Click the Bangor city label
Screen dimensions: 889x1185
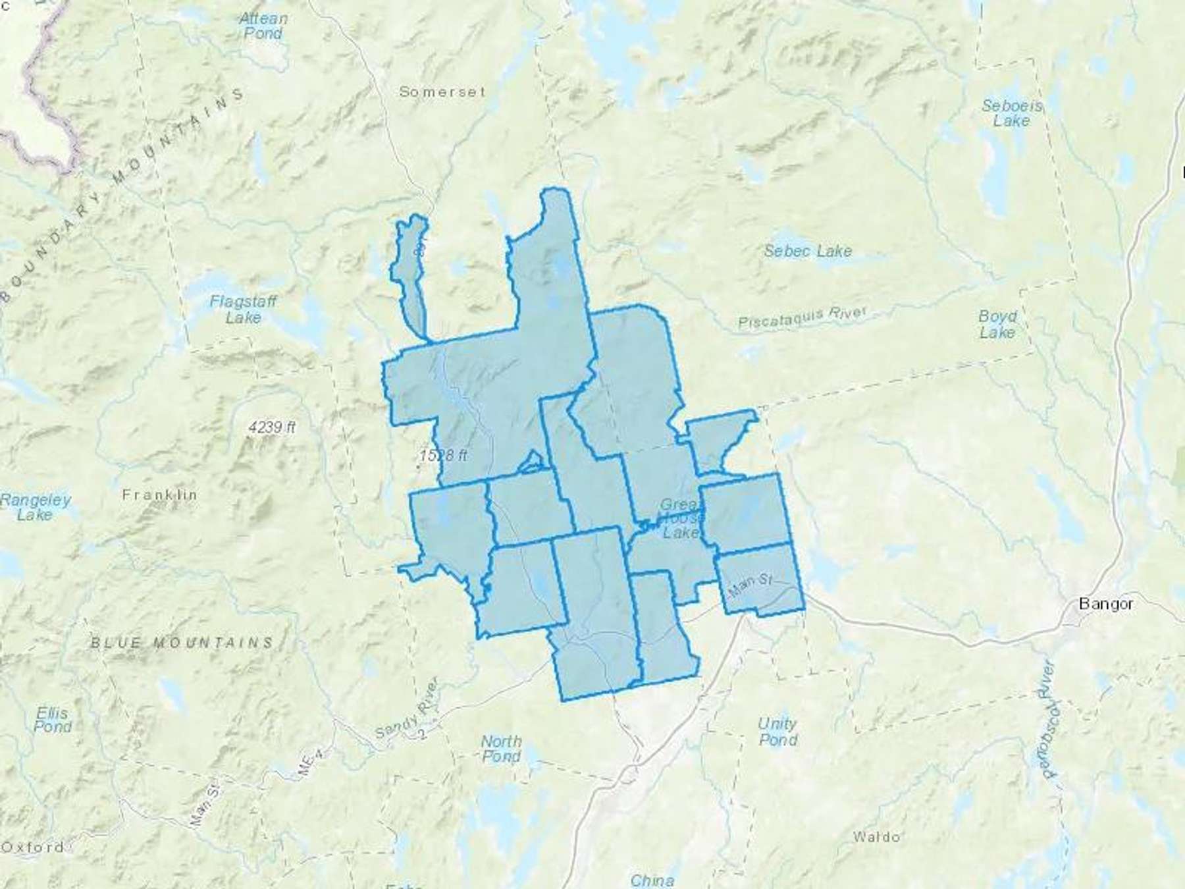(x=1106, y=603)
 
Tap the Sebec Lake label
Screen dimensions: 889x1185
(x=808, y=251)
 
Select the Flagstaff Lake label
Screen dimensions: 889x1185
(x=243, y=310)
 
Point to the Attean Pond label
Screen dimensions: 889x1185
(x=263, y=26)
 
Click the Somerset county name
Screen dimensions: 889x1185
(x=442, y=92)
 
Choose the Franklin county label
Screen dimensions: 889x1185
(x=159, y=495)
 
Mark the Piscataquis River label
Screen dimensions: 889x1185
(x=803, y=317)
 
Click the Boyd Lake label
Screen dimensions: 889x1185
(x=997, y=324)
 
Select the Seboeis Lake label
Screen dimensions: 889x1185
(x=1012, y=113)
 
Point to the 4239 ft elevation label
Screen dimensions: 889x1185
(x=271, y=427)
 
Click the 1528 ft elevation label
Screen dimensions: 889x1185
(x=444, y=455)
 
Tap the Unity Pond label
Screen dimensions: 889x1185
(x=777, y=732)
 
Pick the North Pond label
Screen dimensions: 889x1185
(x=502, y=749)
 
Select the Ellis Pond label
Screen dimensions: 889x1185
(x=53, y=720)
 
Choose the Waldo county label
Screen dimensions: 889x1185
(x=876, y=837)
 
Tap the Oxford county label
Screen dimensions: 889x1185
(x=33, y=848)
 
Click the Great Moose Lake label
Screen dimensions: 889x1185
(x=680, y=518)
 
